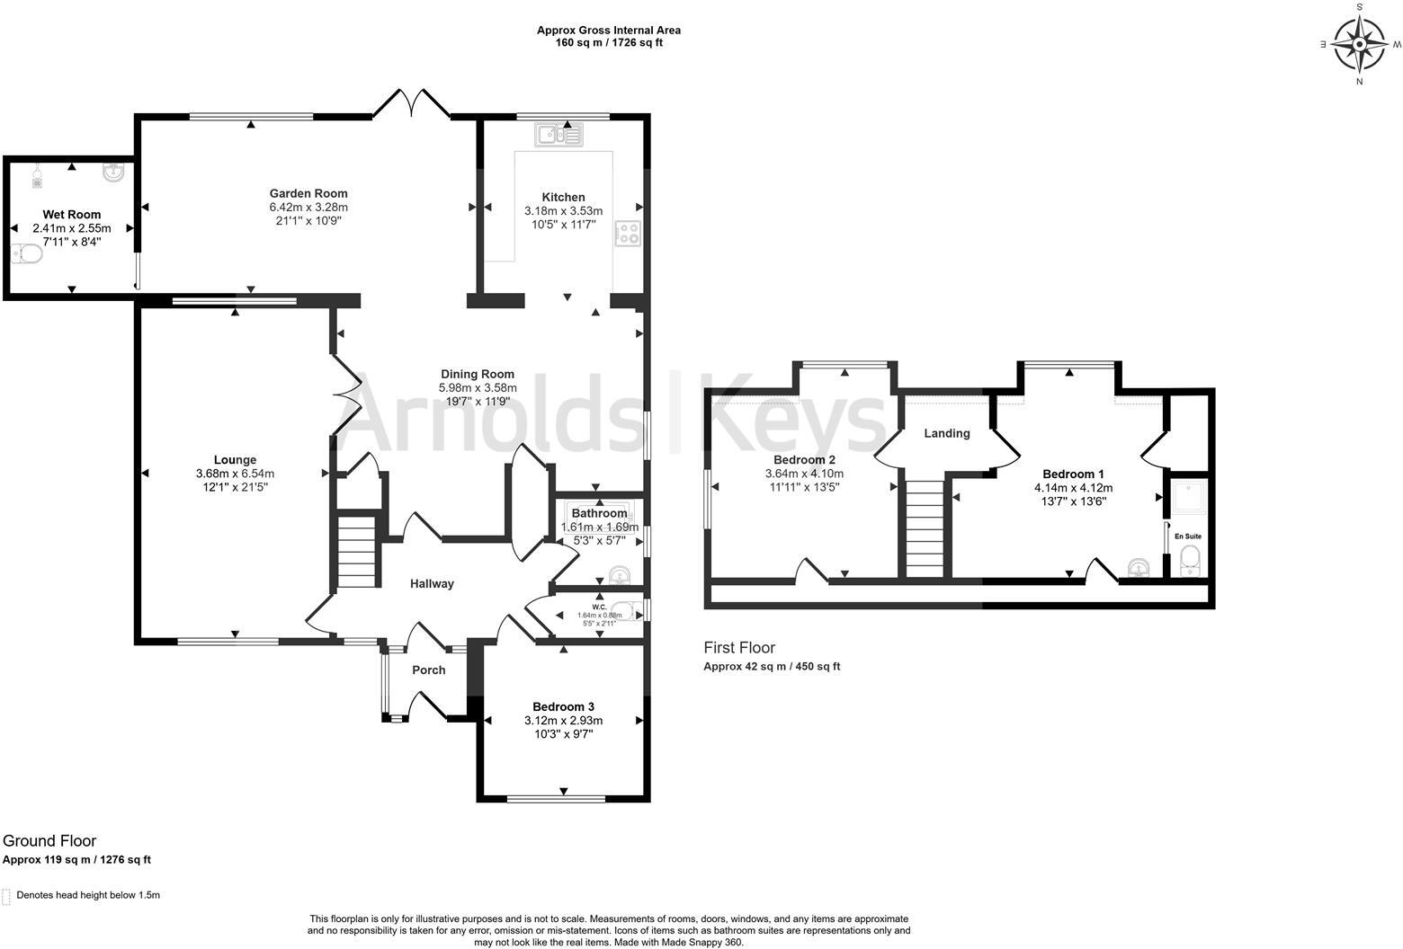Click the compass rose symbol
coord(1359,44)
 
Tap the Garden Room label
coord(308,193)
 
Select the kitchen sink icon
coord(559,134)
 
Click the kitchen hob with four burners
coord(628,234)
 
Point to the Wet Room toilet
coord(27,253)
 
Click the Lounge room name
coord(235,459)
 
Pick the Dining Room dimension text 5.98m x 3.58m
coord(478,387)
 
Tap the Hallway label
coord(432,583)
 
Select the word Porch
coord(428,670)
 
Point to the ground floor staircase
coord(356,552)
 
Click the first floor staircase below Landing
coord(925,529)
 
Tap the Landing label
coord(946,433)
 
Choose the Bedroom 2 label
coord(804,459)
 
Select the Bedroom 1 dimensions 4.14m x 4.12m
coord(1074,488)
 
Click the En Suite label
coord(1187,536)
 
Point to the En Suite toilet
coord(1190,560)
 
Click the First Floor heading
coord(739,647)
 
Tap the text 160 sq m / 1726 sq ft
coord(609,42)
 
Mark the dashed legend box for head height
coord(6,896)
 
